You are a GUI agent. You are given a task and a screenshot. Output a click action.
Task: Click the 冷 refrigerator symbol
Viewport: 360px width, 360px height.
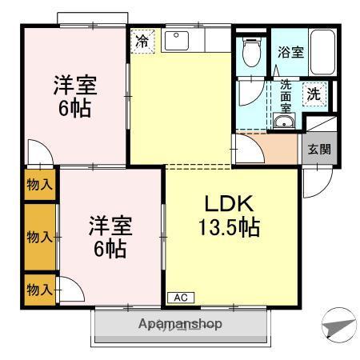[x=142, y=41]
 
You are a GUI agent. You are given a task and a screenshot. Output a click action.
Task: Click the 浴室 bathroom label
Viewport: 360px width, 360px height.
[x=290, y=54]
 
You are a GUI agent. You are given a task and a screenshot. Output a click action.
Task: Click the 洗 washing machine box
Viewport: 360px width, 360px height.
[x=315, y=94]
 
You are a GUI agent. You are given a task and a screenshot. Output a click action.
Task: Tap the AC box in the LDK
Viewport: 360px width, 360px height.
[x=180, y=298]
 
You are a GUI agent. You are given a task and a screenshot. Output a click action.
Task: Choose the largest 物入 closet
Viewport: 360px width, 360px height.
[x=39, y=236]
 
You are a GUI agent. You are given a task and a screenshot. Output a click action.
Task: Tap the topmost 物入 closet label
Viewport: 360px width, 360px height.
[x=39, y=185]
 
